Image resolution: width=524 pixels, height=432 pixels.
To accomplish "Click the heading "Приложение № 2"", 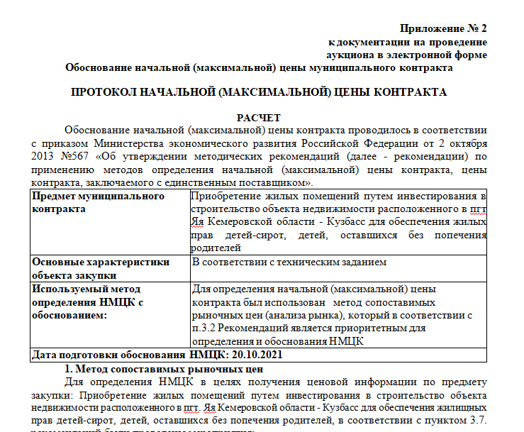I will (x=444, y=28).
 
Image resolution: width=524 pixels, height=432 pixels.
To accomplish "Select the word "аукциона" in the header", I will (x=349, y=55).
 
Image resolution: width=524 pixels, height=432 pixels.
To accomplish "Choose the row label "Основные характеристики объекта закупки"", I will (x=101, y=268).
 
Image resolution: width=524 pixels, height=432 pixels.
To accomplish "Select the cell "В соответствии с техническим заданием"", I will (x=289, y=262).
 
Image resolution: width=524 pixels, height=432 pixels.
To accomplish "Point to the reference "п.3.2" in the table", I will (x=205, y=328).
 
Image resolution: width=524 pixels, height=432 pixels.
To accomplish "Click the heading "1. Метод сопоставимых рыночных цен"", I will (x=164, y=369).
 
